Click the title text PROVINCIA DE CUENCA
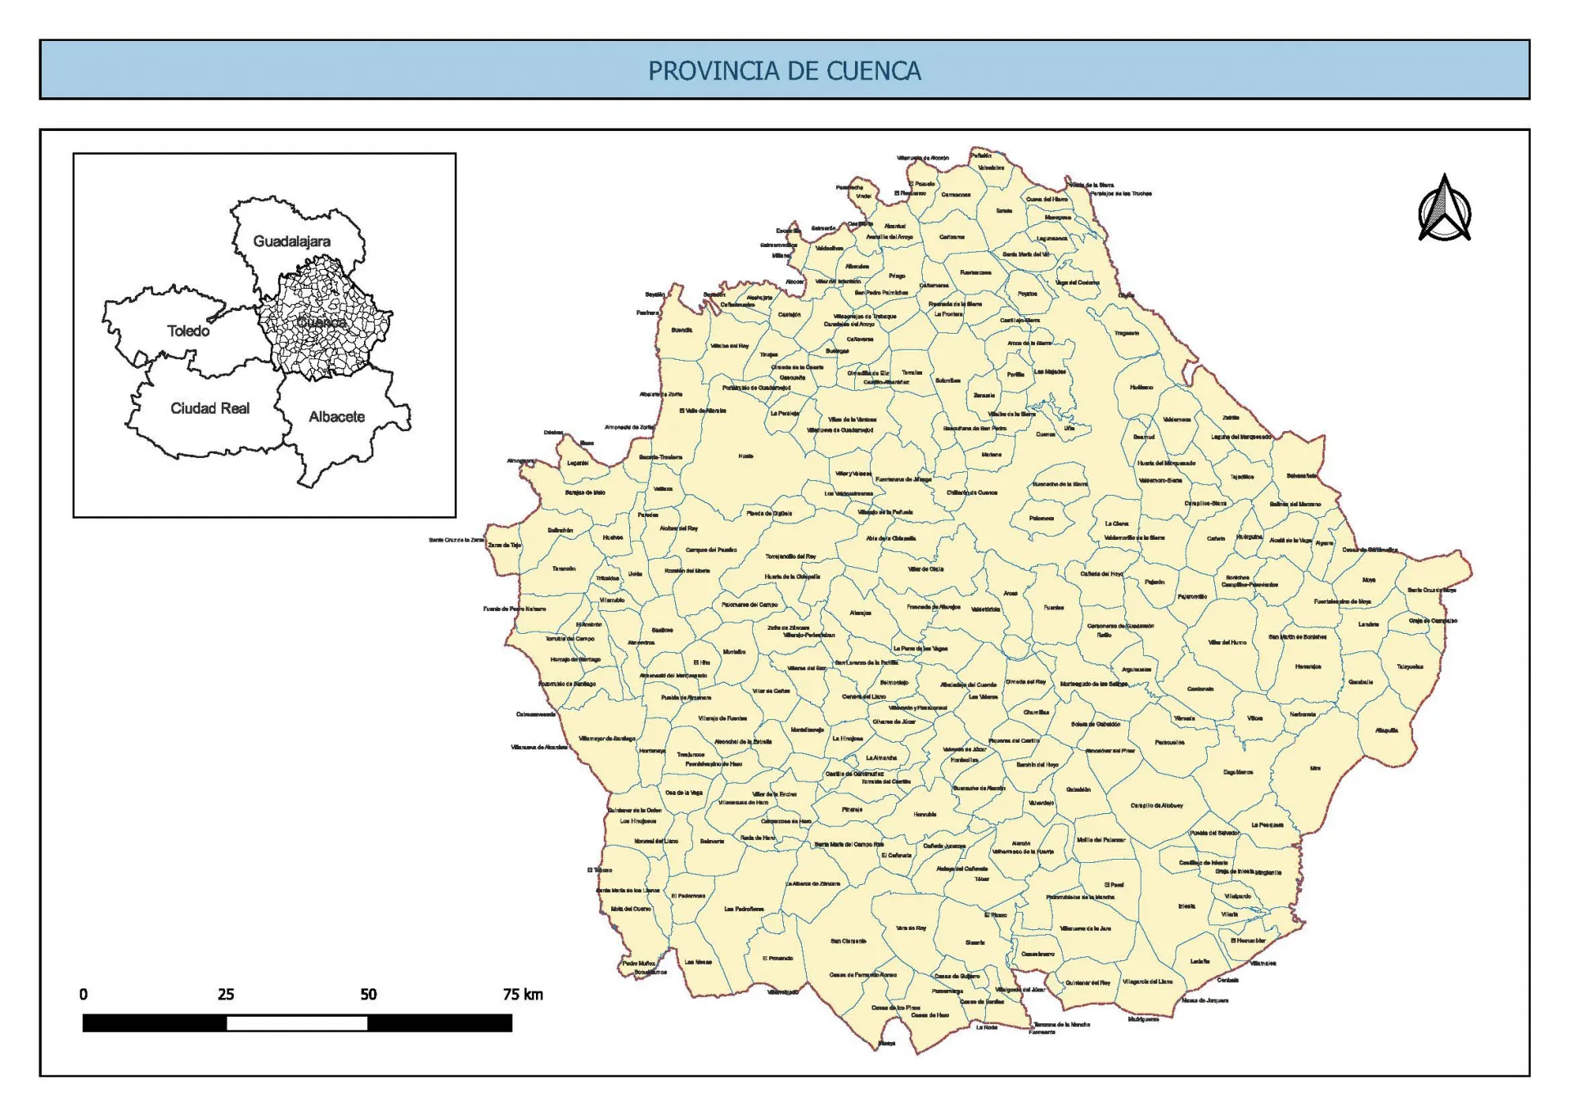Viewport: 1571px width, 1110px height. tap(784, 70)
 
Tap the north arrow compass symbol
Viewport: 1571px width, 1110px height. tap(1444, 209)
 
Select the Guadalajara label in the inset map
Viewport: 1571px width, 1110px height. tap(291, 241)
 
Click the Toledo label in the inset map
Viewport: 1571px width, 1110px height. tap(188, 330)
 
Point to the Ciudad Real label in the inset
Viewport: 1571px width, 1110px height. tap(209, 408)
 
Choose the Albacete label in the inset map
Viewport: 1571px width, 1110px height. tap(336, 416)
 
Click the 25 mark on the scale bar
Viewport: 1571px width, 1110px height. tap(226, 995)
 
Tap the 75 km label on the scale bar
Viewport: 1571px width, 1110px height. tap(523, 995)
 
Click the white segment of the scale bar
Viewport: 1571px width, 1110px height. tap(297, 1022)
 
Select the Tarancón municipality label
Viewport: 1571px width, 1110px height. tap(564, 568)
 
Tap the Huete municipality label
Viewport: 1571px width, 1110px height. tap(745, 456)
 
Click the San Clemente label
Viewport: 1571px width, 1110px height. tap(848, 941)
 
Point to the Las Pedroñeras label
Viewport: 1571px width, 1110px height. tap(744, 909)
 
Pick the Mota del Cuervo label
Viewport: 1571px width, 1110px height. tap(631, 909)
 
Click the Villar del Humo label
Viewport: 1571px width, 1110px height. tap(1227, 642)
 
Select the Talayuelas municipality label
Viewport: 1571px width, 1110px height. tap(1410, 667)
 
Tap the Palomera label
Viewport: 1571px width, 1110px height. tap(1041, 518)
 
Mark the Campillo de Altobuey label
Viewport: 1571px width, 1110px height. tap(1157, 806)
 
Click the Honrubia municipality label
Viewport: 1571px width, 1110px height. tap(925, 815)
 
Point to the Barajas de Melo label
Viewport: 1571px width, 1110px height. tap(585, 492)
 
